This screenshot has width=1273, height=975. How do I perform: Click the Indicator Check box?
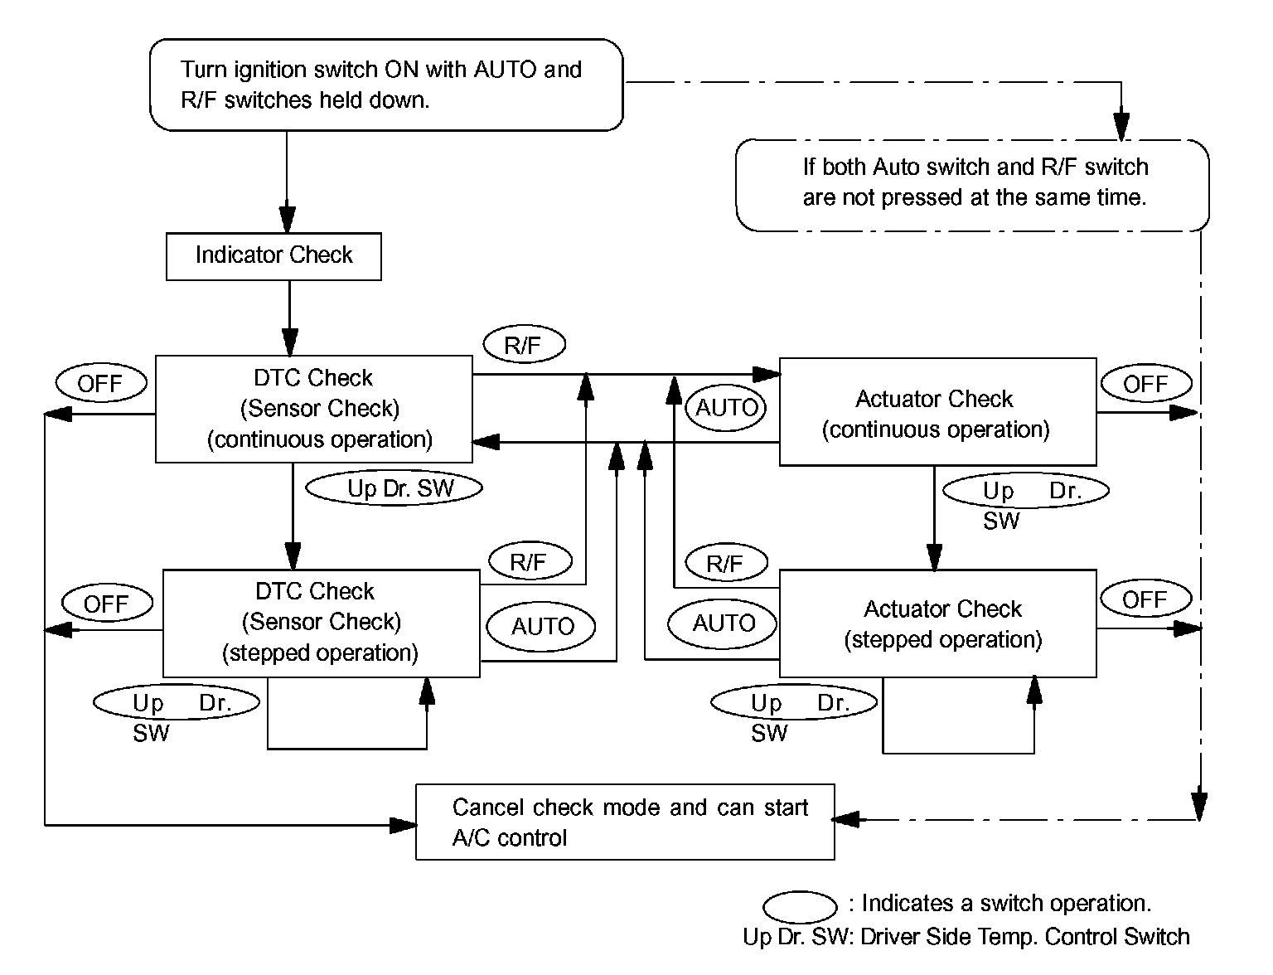(273, 256)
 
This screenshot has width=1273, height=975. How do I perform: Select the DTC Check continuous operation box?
(314, 409)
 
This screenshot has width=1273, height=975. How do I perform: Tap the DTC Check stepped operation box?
(321, 623)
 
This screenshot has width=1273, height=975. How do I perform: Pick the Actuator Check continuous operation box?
(937, 412)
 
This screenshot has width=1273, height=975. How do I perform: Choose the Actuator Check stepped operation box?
(937, 623)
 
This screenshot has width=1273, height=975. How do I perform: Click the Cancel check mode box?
(624, 822)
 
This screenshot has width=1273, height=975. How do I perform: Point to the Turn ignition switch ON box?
(385, 85)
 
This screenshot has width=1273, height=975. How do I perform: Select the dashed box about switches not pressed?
(972, 184)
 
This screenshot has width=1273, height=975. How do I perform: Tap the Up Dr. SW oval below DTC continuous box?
(394, 488)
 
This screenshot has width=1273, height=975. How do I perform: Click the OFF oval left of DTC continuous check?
(101, 384)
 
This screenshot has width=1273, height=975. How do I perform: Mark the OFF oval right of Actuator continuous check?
(1145, 384)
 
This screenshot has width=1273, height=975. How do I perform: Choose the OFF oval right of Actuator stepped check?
(1145, 599)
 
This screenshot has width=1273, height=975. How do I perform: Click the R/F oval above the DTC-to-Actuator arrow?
(522, 345)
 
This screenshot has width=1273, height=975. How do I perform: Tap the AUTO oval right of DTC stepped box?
(543, 626)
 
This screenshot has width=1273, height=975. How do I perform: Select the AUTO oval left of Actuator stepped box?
(724, 623)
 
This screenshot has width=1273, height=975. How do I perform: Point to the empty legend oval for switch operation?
(800, 907)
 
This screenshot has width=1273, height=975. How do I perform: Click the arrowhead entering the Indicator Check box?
(287, 220)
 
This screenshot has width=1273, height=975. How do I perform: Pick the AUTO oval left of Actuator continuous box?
(727, 407)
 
